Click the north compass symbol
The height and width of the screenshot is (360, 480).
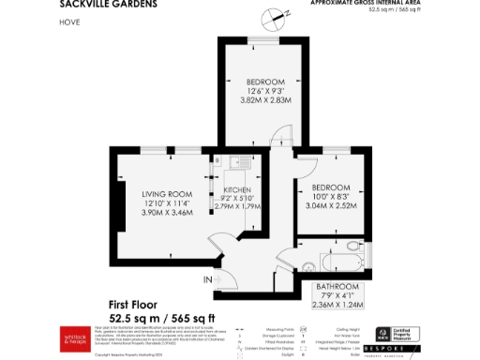(x=272, y=15)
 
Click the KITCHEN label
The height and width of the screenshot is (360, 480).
(x=237, y=189)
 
